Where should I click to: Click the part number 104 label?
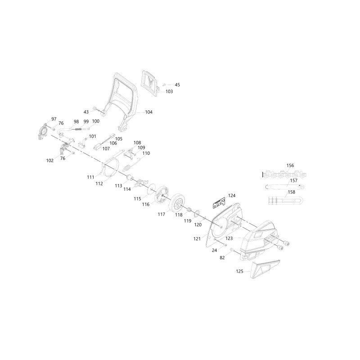(149, 112)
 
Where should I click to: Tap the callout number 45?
(177, 85)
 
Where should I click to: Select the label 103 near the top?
(169, 91)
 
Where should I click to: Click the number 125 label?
(240, 271)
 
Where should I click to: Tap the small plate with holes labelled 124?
(219, 203)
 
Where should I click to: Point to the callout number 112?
(99, 184)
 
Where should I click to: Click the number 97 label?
(54, 119)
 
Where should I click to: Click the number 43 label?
(86, 112)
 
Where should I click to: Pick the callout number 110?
(146, 153)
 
